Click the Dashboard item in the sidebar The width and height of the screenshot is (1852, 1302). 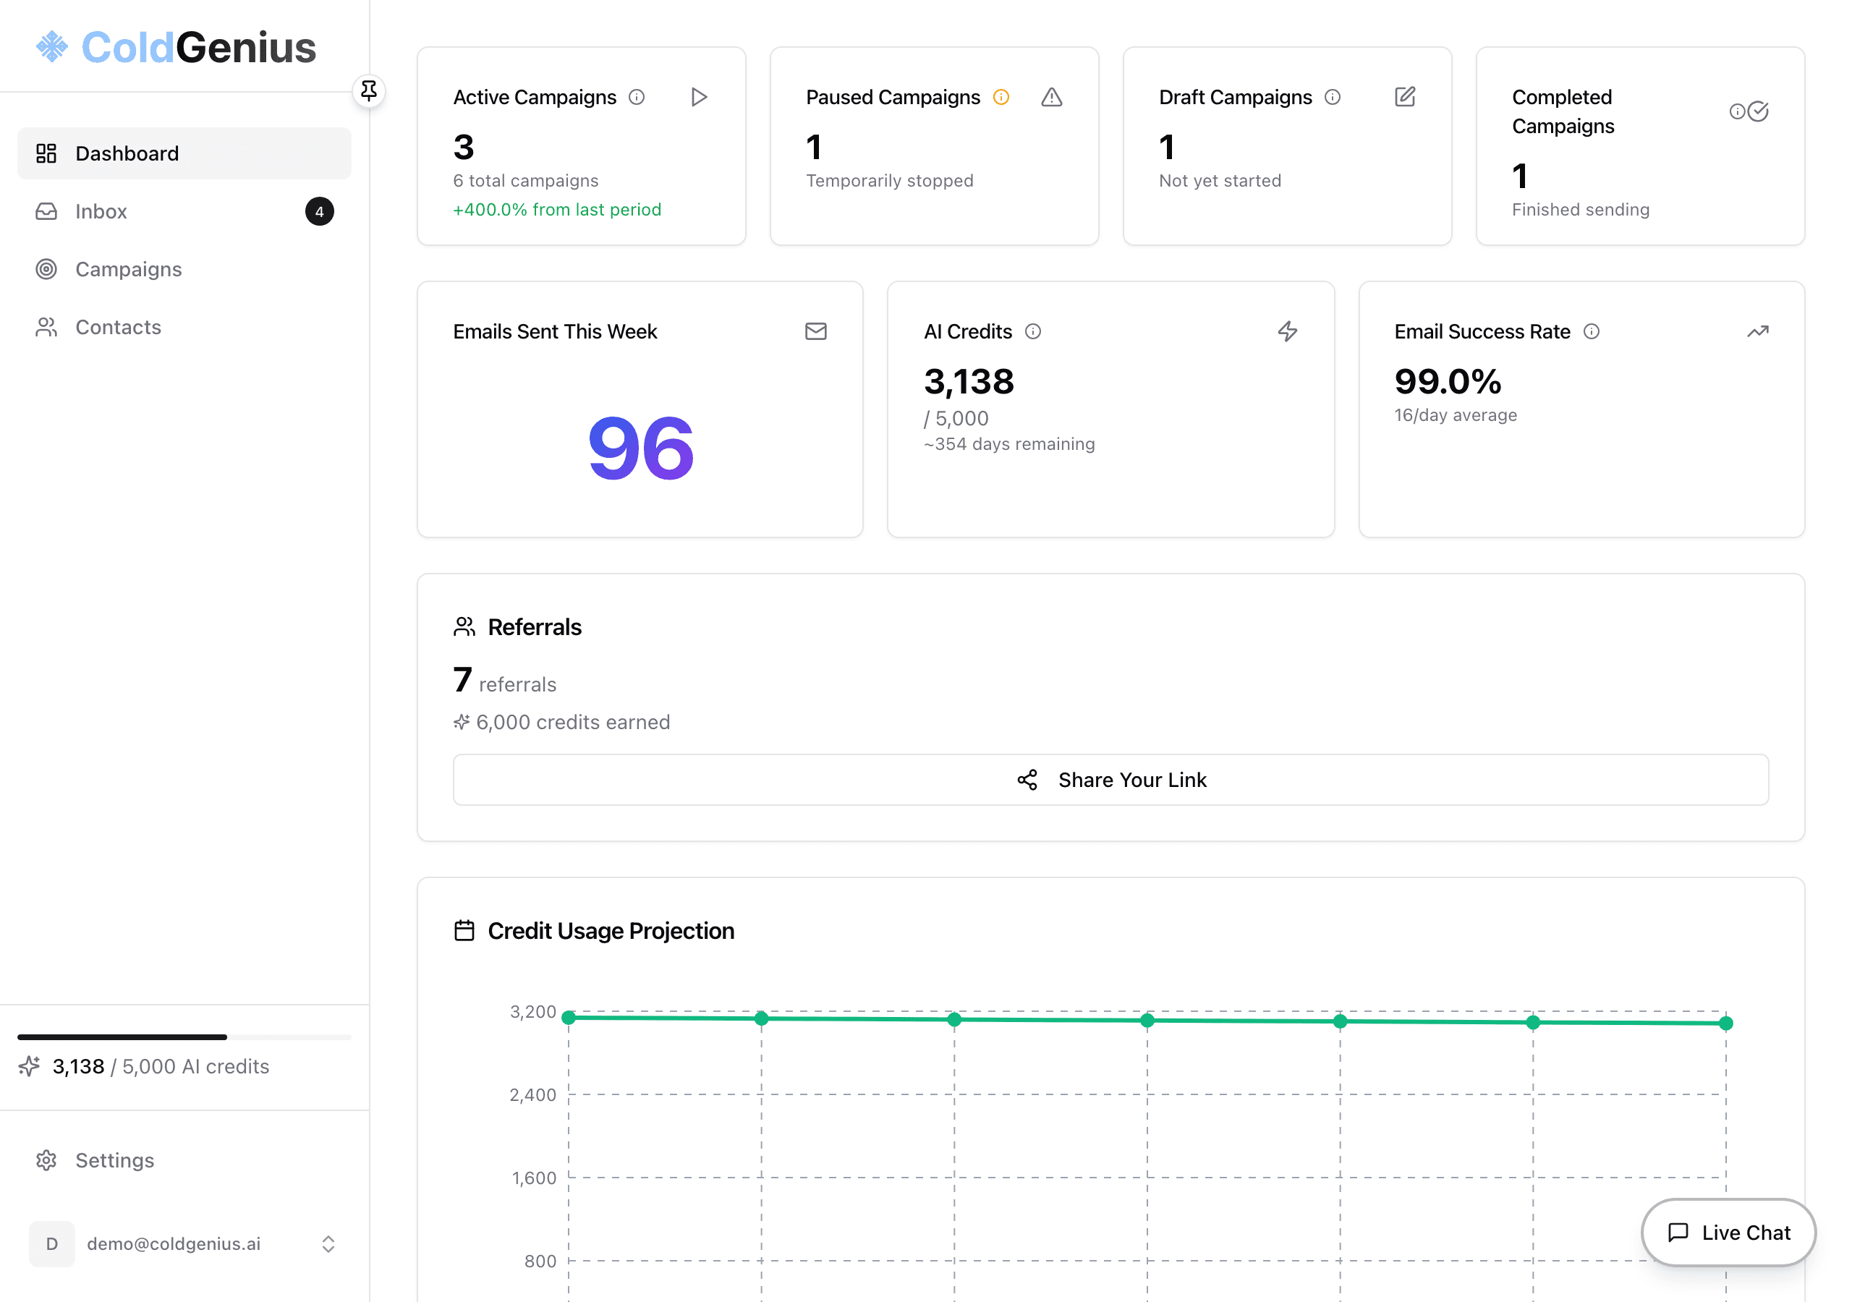(x=127, y=153)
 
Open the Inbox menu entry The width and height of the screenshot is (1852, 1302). (x=101, y=211)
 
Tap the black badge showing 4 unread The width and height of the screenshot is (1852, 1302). (x=320, y=211)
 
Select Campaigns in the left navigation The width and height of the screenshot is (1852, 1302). (x=128, y=269)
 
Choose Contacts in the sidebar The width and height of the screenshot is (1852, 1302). (x=118, y=328)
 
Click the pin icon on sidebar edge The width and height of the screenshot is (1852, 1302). (x=369, y=90)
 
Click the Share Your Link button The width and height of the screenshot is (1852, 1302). (x=1110, y=780)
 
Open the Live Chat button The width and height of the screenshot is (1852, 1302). (x=1728, y=1233)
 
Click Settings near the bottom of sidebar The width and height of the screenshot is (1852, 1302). (x=114, y=1160)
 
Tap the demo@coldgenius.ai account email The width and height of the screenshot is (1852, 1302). (x=174, y=1244)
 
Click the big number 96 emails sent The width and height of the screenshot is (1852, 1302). (x=640, y=448)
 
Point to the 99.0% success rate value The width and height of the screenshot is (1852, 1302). (x=1447, y=382)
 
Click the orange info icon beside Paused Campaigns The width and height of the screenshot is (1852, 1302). (x=1001, y=98)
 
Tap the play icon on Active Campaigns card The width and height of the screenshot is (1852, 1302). (x=700, y=98)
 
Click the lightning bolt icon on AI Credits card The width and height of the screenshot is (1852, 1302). (x=1288, y=331)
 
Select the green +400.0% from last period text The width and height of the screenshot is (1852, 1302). (x=556, y=210)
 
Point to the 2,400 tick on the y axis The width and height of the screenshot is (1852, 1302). (x=532, y=1094)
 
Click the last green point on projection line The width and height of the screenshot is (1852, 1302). (x=1725, y=1024)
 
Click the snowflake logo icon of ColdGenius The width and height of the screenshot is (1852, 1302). (x=52, y=47)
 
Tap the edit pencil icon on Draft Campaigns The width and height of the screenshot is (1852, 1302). (x=1404, y=98)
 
